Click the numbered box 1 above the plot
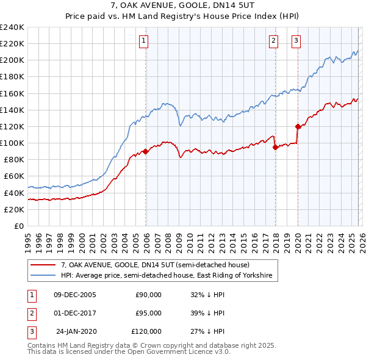pos(143,41)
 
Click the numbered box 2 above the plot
pos(273,41)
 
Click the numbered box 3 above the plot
pos(296,41)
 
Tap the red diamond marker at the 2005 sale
pos(145,151)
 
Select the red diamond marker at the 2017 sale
pos(275,147)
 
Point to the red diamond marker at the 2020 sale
pos(298,127)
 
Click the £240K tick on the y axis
pos(12,27)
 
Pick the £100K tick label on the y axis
pos(12,143)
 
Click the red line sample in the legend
pos(43,265)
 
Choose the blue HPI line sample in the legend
pos(43,276)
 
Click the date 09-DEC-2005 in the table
pos(74,294)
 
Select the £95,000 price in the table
pos(148,313)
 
